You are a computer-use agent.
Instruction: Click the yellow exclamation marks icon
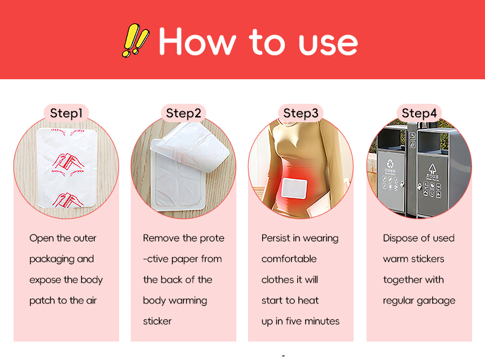(x=136, y=41)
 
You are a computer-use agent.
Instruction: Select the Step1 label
(x=66, y=113)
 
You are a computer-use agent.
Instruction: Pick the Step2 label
(x=183, y=113)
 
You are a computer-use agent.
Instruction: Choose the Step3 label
(x=300, y=113)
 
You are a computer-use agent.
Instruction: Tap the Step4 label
(x=419, y=113)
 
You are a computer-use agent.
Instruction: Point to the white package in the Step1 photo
(x=66, y=167)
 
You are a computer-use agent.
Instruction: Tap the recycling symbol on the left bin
(x=390, y=165)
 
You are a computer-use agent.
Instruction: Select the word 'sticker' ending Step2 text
(x=157, y=321)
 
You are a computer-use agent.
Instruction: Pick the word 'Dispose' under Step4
(x=400, y=238)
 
